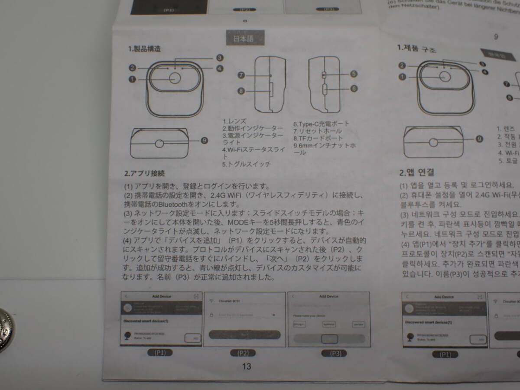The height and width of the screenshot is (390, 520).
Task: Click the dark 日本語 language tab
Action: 244,39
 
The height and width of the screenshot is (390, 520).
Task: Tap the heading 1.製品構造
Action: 145,49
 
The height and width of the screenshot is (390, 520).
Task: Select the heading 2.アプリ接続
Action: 144,173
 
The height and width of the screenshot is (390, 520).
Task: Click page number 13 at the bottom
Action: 246,366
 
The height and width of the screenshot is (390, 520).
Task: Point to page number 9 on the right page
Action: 496,37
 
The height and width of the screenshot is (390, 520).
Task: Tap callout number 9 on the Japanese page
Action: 205,140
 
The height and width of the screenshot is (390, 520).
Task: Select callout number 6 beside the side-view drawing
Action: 354,88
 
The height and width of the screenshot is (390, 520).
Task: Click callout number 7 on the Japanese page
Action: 241,75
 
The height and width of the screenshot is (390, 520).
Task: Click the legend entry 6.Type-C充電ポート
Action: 321,123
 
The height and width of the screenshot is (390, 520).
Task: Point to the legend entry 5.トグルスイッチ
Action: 246,164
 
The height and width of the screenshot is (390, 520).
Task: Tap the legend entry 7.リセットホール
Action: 317,131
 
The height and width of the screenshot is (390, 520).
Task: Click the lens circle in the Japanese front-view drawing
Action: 175,78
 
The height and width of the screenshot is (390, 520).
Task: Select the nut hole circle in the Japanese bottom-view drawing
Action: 159,144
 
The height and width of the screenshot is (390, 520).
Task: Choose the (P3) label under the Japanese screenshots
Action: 334,353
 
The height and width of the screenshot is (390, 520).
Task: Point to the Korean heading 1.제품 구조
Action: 416,49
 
